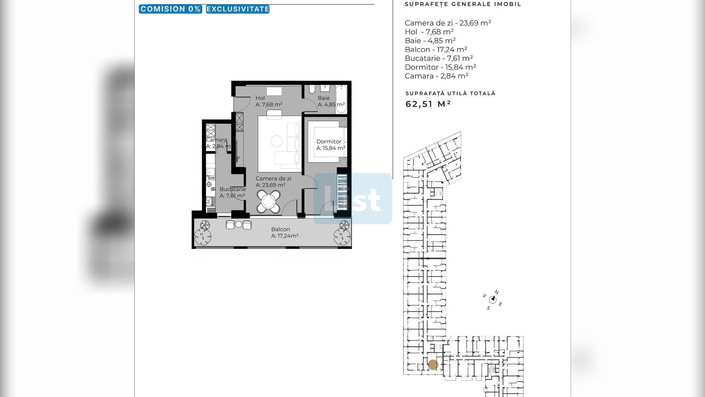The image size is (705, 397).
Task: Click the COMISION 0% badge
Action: pos(170,9)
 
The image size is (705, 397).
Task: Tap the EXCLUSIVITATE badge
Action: pos(238,9)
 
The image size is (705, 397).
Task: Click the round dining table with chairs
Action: pos(268,201)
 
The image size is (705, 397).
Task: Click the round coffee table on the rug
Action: pos(276,141)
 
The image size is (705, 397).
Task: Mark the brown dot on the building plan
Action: pos(433,365)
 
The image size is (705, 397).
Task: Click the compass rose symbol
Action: pos(493,300)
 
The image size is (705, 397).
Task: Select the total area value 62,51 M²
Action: pos(428,104)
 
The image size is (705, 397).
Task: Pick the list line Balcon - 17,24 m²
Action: pos(436,50)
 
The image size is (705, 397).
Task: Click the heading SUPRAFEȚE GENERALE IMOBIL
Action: pos(463,4)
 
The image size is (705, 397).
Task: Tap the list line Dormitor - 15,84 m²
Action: pos(440,67)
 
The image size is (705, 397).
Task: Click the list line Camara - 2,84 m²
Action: pos(437,76)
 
